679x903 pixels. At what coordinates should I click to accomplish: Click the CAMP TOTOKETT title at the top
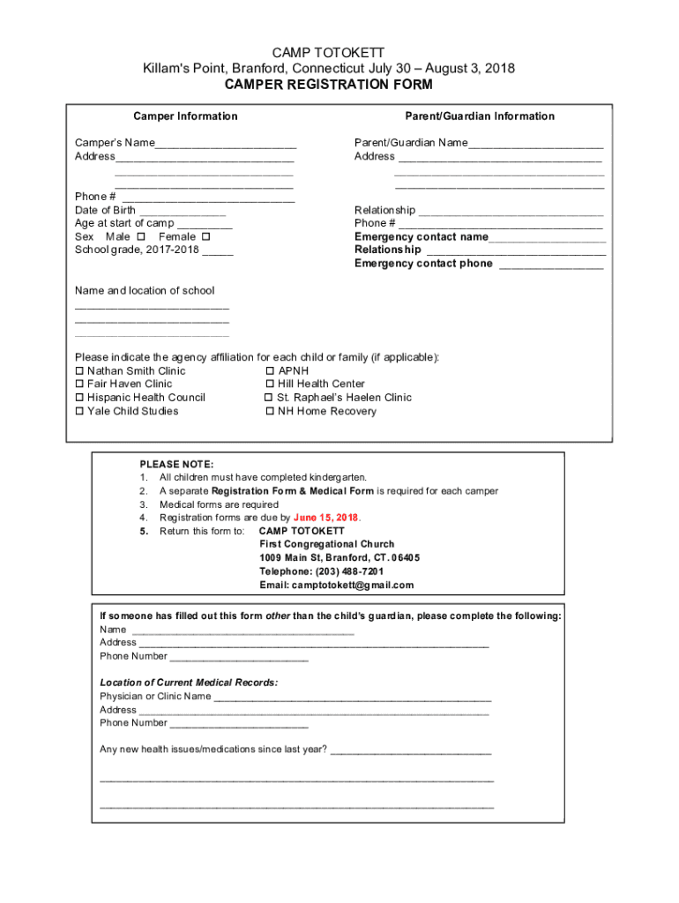327,53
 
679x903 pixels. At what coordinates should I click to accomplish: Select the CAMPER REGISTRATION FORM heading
328,85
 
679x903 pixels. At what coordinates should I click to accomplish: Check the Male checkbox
141,237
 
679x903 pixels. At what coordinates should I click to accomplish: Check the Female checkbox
205,237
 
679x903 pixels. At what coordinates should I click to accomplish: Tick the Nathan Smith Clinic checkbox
79,371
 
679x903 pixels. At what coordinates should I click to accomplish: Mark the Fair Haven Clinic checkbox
79,384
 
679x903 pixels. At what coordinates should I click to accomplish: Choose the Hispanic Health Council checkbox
79,398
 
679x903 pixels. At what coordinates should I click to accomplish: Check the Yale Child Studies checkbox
79,412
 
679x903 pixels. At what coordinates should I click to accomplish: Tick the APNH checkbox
270,371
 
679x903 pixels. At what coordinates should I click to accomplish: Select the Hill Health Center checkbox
270,384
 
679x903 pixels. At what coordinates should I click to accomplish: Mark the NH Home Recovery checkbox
270,412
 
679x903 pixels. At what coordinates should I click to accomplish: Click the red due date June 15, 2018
326,518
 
